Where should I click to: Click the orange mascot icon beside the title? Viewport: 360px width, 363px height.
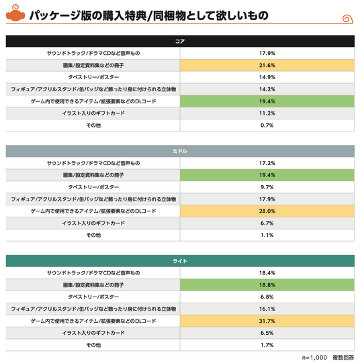coord(15,13)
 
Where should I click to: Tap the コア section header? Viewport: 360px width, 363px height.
coord(180,41)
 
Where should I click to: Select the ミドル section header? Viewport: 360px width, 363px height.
coord(180,151)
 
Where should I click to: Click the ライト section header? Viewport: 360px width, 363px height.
coord(180,261)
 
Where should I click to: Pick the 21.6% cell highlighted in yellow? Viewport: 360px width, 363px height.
coord(267,65)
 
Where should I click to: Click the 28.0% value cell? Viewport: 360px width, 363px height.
coord(267,211)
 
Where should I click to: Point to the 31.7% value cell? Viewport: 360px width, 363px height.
coord(267,321)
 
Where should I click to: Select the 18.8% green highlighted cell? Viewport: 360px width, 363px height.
coord(267,285)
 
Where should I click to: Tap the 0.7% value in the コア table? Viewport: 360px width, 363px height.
coord(267,125)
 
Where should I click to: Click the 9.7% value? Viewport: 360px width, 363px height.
coord(267,187)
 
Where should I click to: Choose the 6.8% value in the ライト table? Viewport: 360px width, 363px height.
coord(267,297)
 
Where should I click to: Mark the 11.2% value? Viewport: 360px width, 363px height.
coord(267,113)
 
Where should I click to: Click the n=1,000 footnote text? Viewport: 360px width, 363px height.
coord(314,358)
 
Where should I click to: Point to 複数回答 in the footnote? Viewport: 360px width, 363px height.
coord(343,358)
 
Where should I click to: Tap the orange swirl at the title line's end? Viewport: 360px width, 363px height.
coord(347,19)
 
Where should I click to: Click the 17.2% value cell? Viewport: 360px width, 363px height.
coord(267,163)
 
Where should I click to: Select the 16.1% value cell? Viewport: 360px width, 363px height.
coord(267,309)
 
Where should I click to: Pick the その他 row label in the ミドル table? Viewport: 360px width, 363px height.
coord(93,235)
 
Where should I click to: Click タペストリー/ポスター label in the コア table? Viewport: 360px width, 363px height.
coord(93,77)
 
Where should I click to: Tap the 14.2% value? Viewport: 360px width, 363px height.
coord(267,89)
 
